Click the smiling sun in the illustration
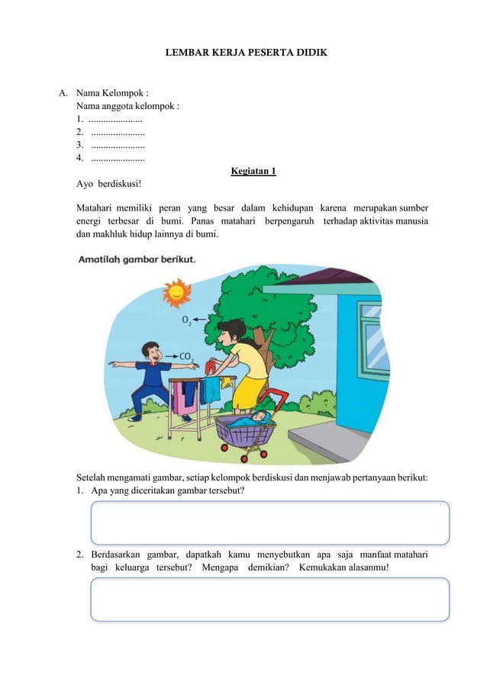point(176,291)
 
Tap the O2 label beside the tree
point(186,323)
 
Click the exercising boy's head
point(151,352)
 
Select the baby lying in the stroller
point(255,418)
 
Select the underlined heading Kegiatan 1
point(253,171)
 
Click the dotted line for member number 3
point(118,145)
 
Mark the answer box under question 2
point(269,599)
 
